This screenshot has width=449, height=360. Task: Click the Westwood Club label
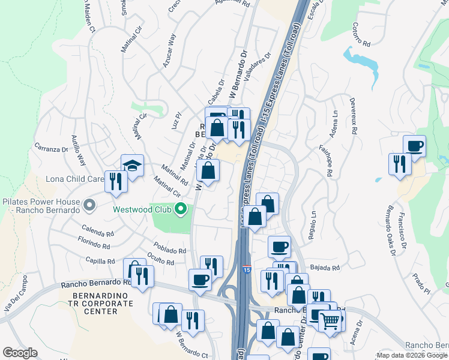[x=142, y=209]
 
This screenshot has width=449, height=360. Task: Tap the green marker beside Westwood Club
[x=180, y=209]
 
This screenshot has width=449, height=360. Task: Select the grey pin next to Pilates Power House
[x=89, y=206]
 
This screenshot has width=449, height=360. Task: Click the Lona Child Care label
[x=75, y=179]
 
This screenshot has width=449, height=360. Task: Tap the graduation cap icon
[x=132, y=166]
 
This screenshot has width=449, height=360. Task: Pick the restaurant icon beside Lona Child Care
[x=116, y=181]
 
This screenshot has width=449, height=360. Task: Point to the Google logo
[x=20, y=353]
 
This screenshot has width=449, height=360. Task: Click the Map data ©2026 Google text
[x=412, y=355]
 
